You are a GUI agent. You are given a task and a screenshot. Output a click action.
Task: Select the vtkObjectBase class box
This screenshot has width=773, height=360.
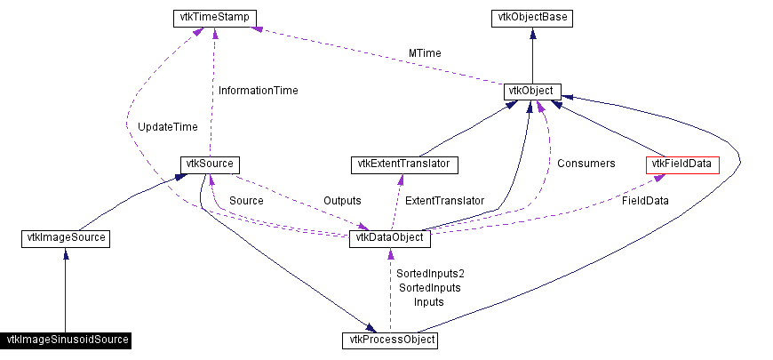pyautogui.click(x=531, y=18)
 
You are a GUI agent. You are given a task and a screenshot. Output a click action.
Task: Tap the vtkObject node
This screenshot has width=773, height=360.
pyautogui.click(x=531, y=91)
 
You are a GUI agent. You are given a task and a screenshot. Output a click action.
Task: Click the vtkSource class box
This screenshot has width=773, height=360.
pyautogui.click(x=210, y=164)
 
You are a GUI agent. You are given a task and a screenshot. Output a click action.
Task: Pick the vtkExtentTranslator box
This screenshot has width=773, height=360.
pyautogui.click(x=405, y=164)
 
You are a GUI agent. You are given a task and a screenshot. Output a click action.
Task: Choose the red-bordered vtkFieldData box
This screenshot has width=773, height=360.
pyautogui.click(x=682, y=164)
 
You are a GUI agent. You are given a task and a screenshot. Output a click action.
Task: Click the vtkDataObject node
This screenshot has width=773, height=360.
pyautogui.click(x=391, y=238)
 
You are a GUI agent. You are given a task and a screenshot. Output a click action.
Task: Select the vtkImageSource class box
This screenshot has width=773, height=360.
pyautogui.click(x=64, y=238)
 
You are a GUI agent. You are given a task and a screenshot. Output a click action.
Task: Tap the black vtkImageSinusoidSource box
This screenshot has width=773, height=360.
pyautogui.click(x=67, y=340)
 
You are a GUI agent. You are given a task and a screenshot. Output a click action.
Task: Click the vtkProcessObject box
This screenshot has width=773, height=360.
pyautogui.click(x=390, y=340)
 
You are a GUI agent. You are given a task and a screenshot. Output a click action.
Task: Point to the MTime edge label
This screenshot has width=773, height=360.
pyautogui.click(x=425, y=53)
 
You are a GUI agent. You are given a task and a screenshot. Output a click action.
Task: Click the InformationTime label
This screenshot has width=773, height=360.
pyautogui.click(x=258, y=91)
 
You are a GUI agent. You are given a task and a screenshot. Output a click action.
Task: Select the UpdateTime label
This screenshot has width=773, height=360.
pyautogui.click(x=168, y=127)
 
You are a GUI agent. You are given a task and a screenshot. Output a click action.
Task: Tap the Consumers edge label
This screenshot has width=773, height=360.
pyautogui.click(x=586, y=164)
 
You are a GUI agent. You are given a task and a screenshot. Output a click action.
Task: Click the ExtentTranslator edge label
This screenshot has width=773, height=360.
pyautogui.click(x=444, y=201)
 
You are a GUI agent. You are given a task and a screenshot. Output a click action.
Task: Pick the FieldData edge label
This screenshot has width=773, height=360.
pyautogui.click(x=644, y=201)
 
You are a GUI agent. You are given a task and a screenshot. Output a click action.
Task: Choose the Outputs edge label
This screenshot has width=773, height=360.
pyautogui.click(x=342, y=201)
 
